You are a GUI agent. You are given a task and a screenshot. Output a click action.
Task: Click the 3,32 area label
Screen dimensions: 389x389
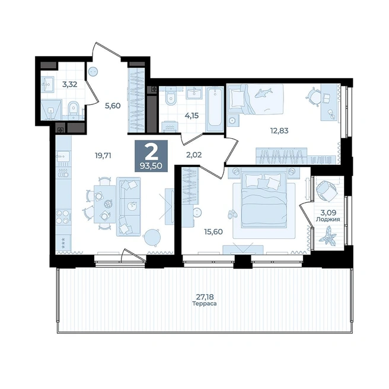(x=70, y=84)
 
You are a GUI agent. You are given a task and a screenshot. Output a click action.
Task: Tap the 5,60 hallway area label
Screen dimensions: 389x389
(x=113, y=106)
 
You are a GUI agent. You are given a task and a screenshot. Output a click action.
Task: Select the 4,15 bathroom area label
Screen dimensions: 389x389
(x=192, y=116)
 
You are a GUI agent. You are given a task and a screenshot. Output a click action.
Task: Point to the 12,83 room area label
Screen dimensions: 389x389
(x=279, y=130)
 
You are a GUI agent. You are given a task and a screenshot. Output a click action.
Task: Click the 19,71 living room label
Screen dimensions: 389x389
(x=103, y=155)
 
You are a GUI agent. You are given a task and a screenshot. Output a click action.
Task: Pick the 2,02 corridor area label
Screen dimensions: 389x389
(x=194, y=155)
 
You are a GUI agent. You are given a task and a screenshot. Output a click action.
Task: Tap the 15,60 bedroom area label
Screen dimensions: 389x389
(x=213, y=232)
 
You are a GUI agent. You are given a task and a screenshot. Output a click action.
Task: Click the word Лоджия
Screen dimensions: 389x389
(x=328, y=219)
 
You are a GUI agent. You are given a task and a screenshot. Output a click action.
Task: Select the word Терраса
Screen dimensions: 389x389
(x=205, y=304)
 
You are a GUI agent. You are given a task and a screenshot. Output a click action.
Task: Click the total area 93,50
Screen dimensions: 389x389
(x=151, y=165)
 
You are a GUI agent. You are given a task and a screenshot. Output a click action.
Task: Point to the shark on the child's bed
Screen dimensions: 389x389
(x=264, y=93)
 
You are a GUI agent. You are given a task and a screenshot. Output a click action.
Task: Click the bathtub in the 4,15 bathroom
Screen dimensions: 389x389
(x=215, y=109)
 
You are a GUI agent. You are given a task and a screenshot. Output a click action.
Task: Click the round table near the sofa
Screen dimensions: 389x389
(x=152, y=238)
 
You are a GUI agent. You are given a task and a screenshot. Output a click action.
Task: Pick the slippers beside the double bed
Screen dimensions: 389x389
(x=232, y=213)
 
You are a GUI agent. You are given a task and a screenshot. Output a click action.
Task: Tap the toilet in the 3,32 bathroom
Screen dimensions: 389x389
(x=73, y=110)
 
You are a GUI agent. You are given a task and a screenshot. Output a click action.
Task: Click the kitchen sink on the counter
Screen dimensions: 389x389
(x=63, y=157)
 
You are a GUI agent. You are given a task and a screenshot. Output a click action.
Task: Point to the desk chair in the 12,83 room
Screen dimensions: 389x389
(x=314, y=96)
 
